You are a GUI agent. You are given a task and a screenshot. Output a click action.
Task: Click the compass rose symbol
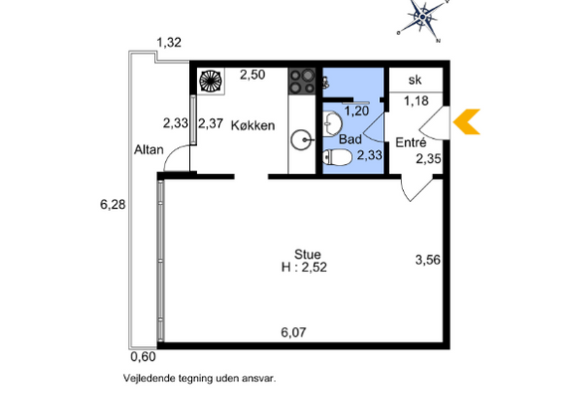[x=423, y=18]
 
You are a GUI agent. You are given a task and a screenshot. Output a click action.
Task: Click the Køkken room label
[x=253, y=125]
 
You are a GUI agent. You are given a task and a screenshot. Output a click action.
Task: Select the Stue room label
[x=307, y=254]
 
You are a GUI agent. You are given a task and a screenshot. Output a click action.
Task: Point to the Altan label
[x=148, y=149]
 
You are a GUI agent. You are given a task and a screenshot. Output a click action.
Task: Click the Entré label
[x=411, y=142]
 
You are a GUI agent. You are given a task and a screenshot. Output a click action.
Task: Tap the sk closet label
[x=415, y=80]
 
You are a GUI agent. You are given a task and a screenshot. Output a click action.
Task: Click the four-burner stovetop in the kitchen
[x=302, y=81]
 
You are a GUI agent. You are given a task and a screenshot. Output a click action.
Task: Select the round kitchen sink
[x=302, y=139]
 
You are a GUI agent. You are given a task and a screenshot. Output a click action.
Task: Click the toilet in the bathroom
[x=337, y=157]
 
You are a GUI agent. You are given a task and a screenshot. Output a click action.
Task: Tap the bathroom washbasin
[x=332, y=124]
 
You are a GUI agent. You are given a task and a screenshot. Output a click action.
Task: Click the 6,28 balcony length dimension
[x=112, y=205]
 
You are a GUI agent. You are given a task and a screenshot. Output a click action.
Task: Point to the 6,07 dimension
[x=293, y=332]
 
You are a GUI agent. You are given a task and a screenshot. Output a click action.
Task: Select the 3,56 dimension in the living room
[x=428, y=260]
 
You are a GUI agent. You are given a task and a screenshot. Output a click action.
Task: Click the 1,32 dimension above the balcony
[x=169, y=43]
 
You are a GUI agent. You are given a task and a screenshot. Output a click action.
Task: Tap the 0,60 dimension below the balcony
[x=143, y=357]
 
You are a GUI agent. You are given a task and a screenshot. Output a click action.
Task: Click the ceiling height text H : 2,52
[x=304, y=268]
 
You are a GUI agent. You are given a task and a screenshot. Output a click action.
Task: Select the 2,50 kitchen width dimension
[x=253, y=75]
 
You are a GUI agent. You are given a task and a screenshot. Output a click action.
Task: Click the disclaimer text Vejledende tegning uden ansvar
[x=200, y=379]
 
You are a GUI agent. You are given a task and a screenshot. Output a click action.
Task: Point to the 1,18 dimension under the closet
[x=416, y=100]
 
